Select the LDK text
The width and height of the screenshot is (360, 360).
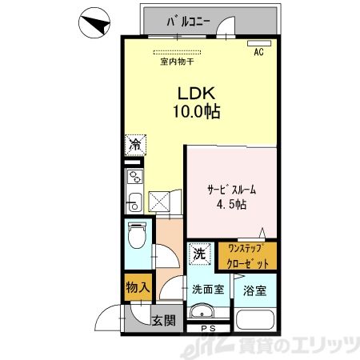click(x=194, y=92)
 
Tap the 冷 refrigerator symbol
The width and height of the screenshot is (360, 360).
click(x=135, y=146)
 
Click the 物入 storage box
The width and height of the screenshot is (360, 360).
click(x=135, y=286)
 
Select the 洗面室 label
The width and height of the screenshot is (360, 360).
click(x=206, y=290)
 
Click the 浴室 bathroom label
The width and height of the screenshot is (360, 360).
click(x=254, y=290)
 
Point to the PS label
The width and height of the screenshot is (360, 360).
click(x=210, y=328)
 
